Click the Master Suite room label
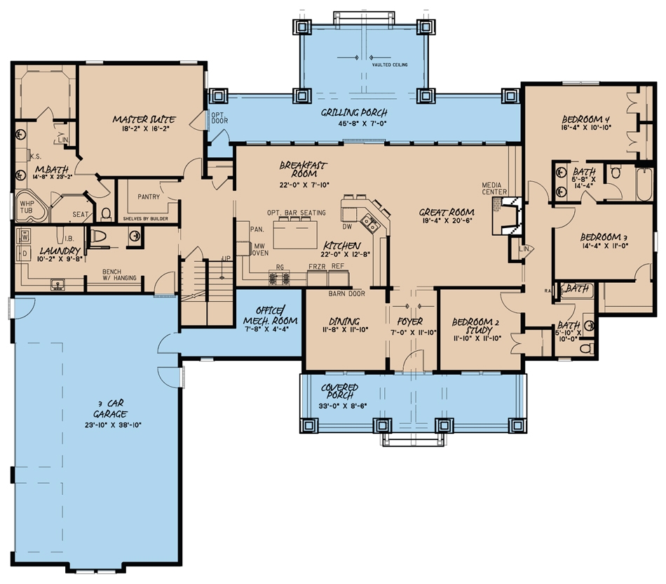click(x=144, y=120)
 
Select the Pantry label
click(x=144, y=197)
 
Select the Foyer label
click(x=412, y=321)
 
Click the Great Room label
click(x=447, y=212)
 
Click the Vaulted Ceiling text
click(x=390, y=65)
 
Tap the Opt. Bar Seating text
click(x=296, y=213)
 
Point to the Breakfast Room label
click(x=303, y=169)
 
